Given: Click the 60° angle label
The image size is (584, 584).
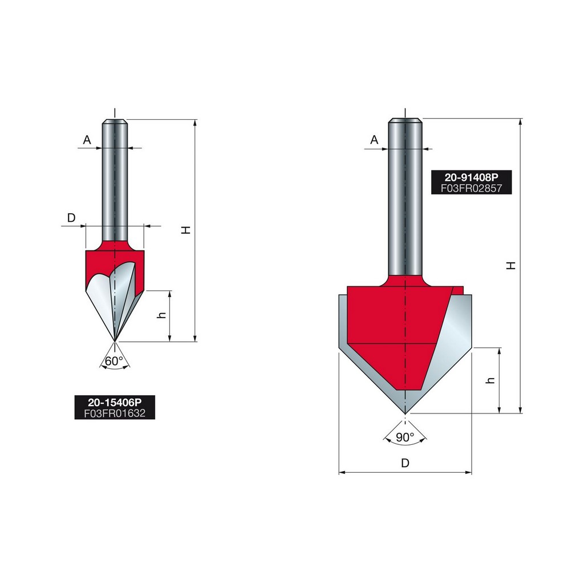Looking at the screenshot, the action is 114,361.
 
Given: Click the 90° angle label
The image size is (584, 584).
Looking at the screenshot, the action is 405,437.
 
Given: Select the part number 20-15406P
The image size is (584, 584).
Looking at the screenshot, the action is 115,402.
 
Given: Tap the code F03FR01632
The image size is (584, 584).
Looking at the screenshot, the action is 115,413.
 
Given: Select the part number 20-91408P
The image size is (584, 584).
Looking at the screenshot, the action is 471,177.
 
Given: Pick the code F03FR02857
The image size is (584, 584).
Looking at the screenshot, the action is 471,188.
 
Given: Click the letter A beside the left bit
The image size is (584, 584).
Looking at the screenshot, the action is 87,140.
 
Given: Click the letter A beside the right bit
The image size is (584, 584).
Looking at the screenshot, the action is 374,140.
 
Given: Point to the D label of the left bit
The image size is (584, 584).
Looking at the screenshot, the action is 71,218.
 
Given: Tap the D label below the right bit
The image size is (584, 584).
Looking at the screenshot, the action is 405,463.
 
